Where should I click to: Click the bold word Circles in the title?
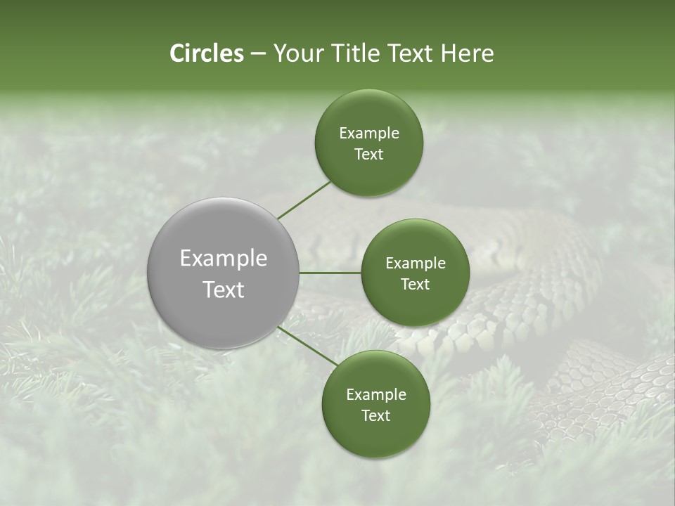pyautogui.click(x=207, y=53)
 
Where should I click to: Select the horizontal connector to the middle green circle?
pyautogui.click(x=330, y=273)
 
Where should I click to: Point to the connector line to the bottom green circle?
pyautogui.click(x=308, y=346)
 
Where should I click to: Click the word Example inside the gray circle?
pyautogui.click(x=224, y=259)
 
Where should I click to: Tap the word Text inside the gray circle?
pyautogui.click(x=224, y=290)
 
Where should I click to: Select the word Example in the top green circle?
pyautogui.click(x=369, y=134)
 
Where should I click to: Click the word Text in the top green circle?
pyautogui.click(x=368, y=155)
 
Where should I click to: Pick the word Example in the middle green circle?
pyautogui.click(x=416, y=264)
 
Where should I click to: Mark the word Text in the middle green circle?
pyautogui.click(x=415, y=285)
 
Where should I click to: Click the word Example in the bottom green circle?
pyautogui.click(x=376, y=395)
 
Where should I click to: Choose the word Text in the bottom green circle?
pyautogui.click(x=375, y=416)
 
